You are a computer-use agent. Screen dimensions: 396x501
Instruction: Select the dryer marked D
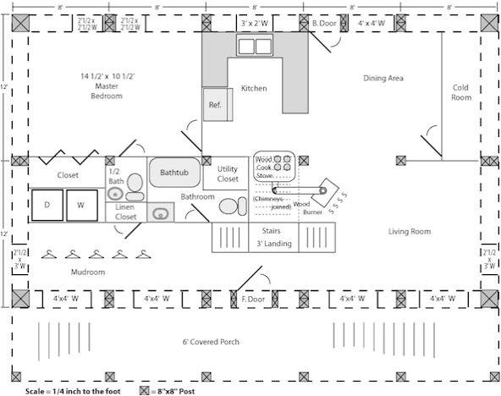(x=47, y=206)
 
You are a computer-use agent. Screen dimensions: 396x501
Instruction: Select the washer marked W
(x=81, y=206)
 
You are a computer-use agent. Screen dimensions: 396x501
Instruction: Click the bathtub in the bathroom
(x=174, y=173)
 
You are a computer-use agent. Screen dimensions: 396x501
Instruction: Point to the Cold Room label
(x=460, y=91)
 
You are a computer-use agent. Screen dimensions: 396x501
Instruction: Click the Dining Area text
(x=383, y=79)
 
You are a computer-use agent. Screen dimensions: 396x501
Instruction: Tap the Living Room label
(x=410, y=231)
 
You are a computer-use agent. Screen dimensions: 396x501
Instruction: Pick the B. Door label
(x=324, y=24)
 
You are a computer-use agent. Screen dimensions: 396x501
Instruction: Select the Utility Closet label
(x=228, y=173)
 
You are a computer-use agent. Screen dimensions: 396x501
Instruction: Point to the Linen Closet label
(x=125, y=212)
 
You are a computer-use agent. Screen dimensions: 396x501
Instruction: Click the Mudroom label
(x=87, y=272)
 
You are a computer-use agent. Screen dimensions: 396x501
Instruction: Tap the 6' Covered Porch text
(x=211, y=341)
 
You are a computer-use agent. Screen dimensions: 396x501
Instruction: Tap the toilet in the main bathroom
(x=228, y=206)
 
